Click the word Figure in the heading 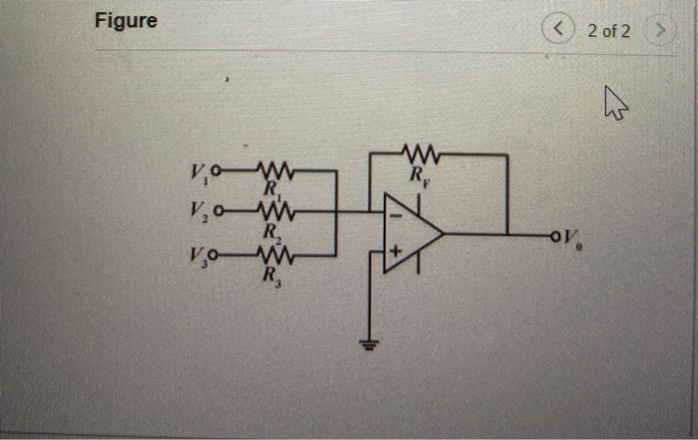[x=126, y=21]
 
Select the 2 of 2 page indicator [x=608, y=30]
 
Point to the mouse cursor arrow [x=615, y=100]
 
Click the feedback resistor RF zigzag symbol [x=420, y=154]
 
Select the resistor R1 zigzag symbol [x=272, y=170]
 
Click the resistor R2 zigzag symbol [x=272, y=211]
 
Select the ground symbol [x=371, y=344]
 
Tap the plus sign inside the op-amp [x=395, y=254]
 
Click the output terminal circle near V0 [x=552, y=235]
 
